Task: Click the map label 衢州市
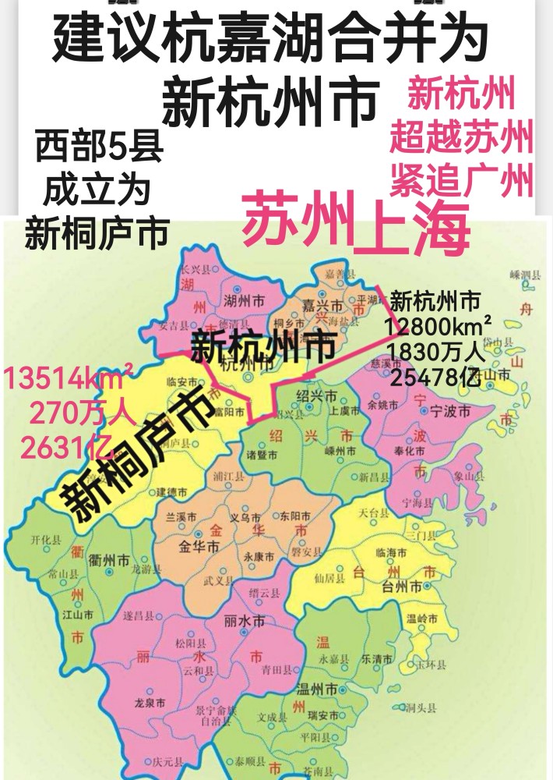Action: tap(109, 560)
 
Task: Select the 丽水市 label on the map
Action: tap(244, 622)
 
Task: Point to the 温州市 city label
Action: tap(317, 690)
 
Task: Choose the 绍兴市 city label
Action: tap(320, 395)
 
